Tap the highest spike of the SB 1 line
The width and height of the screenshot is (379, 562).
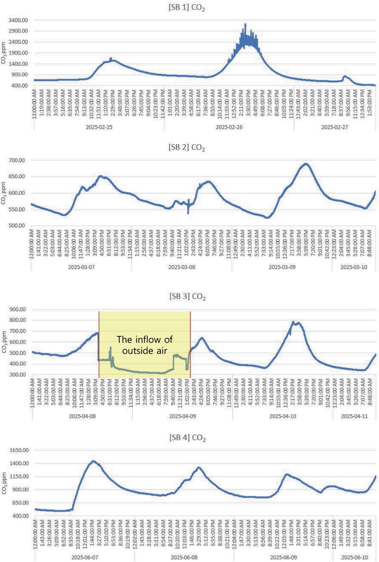tap(245, 24)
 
